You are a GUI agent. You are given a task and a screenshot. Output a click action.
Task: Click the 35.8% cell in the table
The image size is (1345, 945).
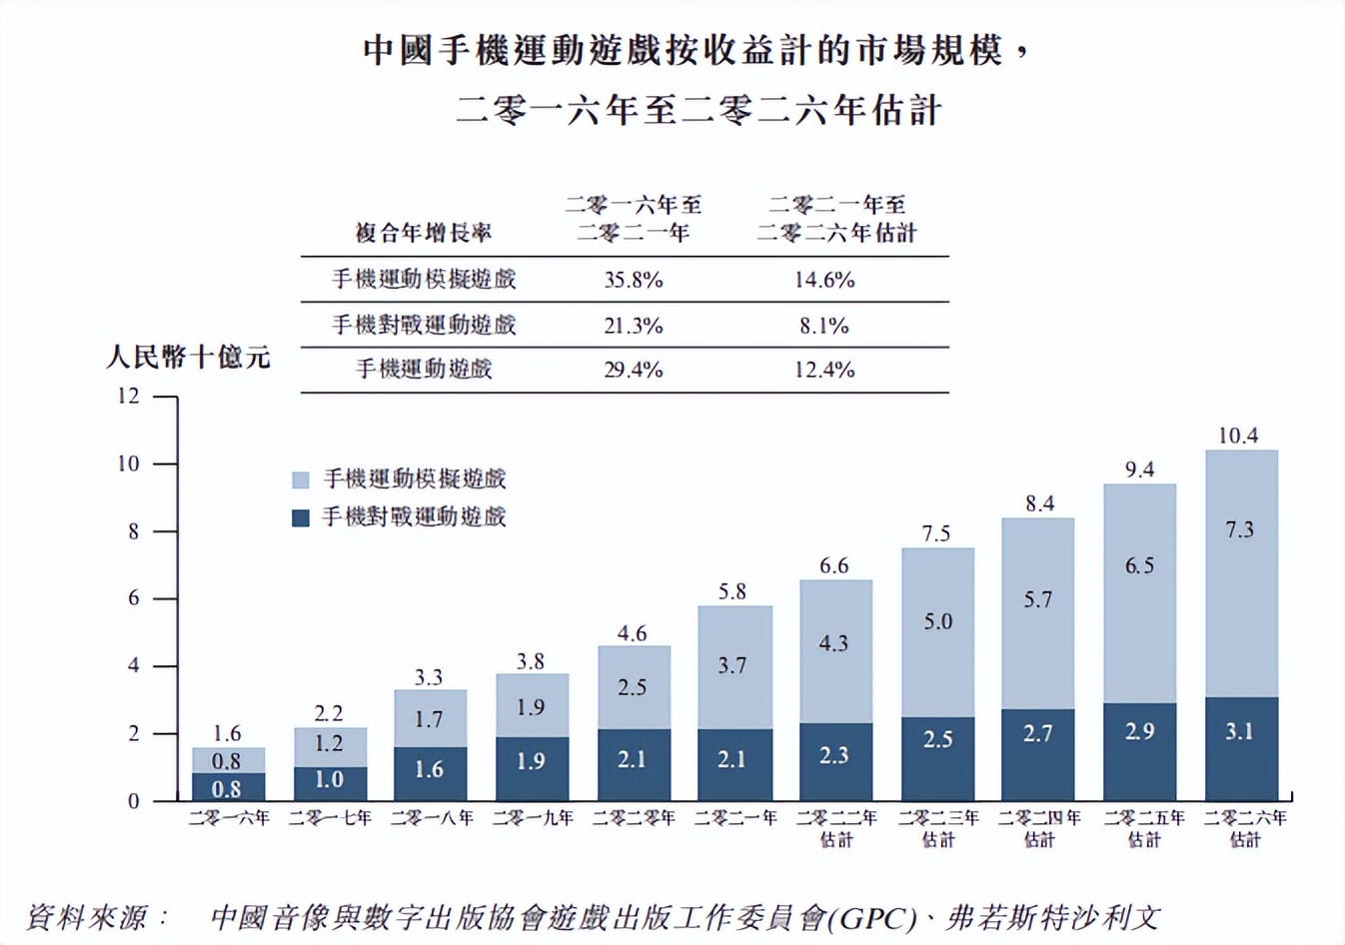(x=633, y=280)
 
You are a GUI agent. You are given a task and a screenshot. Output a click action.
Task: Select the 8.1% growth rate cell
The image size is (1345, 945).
(x=823, y=326)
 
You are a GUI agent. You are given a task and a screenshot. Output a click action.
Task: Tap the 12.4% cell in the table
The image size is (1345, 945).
(x=823, y=370)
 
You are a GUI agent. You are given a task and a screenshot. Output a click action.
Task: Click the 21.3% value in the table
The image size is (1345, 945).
(x=633, y=326)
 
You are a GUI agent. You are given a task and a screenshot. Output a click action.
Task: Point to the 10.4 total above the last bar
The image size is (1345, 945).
(x=1238, y=436)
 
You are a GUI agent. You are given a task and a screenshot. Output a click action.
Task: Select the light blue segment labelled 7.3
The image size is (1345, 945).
(x=1240, y=573)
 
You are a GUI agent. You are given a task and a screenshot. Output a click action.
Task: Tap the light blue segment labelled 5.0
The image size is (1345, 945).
(x=937, y=631)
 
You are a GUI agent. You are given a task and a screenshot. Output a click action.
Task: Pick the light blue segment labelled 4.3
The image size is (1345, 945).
(x=834, y=651)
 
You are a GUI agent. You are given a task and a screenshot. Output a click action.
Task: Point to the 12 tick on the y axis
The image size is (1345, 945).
(x=128, y=396)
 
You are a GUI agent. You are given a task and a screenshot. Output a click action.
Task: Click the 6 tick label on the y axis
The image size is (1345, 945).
(x=133, y=598)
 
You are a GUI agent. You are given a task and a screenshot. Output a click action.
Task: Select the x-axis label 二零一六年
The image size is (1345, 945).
(x=229, y=818)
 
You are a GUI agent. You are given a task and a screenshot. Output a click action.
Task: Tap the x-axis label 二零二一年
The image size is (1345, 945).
(x=735, y=818)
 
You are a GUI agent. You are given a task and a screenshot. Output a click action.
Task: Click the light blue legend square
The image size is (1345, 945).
(x=301, y=479)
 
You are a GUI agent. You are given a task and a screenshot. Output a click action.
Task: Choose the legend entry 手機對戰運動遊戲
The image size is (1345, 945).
(x=413, y=517)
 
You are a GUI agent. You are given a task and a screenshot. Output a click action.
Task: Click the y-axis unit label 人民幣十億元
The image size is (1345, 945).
(x=188, y=358)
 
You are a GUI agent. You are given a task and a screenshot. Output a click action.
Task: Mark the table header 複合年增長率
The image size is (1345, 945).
(x=424, y=234)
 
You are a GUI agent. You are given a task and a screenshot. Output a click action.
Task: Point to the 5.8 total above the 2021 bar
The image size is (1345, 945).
(x=732, y=591)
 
